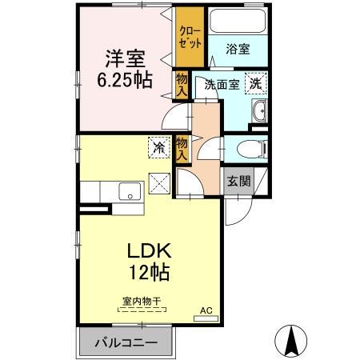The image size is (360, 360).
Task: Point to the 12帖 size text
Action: [149, 272]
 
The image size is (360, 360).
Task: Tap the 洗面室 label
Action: [221, 84]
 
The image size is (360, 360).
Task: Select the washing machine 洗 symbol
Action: [256, 83]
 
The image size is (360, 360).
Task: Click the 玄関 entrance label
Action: [238, 181]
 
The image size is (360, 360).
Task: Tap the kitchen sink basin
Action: [128, 192]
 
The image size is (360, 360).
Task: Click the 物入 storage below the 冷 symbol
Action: [182, 148]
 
